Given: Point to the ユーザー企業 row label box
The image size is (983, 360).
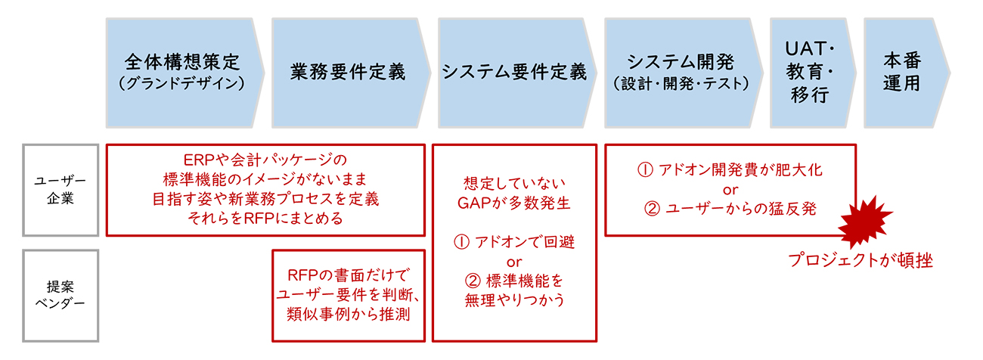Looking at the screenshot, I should pos(61,190).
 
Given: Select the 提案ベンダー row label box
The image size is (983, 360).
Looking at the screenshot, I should pos(61,296).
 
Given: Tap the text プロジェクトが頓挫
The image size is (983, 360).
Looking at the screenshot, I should pos(861,261).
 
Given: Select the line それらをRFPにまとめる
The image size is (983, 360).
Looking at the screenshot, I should pos(264,219).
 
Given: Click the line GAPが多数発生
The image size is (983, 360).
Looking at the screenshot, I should pos(513,203).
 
